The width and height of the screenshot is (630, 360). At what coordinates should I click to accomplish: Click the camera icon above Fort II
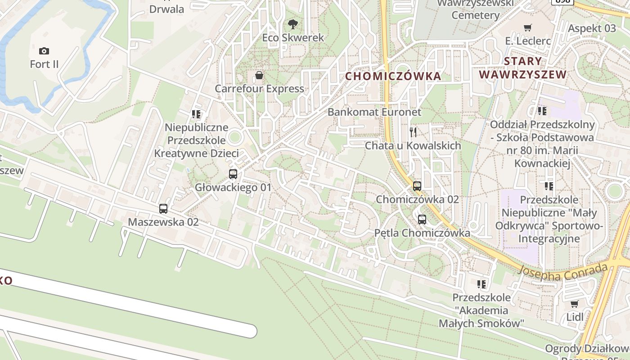tap(44, 51)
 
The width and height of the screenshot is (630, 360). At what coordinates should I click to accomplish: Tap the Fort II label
tap(44, 64)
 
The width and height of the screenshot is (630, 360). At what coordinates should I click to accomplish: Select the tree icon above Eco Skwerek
tap(293, 24)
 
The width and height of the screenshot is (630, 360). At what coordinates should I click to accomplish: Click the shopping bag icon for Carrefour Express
tap(259, 75)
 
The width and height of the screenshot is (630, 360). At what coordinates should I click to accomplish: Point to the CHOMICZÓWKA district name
tap(393, 76)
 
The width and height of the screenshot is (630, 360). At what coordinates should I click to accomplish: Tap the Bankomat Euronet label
tap(374, 112)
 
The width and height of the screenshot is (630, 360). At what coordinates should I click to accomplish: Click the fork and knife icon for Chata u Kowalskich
tap(413, 132)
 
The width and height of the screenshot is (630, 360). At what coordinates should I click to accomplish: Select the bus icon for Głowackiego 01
tap(233, 174)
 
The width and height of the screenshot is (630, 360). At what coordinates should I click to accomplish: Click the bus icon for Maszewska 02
tap(163, 209)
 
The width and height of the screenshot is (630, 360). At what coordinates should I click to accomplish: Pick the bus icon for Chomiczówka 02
tap(417, 186)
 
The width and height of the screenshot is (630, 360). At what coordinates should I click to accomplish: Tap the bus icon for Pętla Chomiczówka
tap(422, 220)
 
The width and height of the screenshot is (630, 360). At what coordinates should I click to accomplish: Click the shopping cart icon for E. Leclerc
tap(528, 28)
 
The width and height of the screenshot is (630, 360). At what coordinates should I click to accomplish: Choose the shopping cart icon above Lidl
tap(574, 304)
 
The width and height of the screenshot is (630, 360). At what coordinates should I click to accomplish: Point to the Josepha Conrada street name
tap(562, 271)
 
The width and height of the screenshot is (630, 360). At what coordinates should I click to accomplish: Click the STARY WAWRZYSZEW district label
tap(522, 68)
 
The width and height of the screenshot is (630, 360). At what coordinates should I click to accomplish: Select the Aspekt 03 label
tap(592, 28)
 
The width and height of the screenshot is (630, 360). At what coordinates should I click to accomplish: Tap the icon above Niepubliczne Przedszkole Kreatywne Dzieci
tap(196, 114)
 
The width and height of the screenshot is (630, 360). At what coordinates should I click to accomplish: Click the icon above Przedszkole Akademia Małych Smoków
tap(481, 284)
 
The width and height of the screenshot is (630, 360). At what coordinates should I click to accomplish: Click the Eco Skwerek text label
tap(293, 38)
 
